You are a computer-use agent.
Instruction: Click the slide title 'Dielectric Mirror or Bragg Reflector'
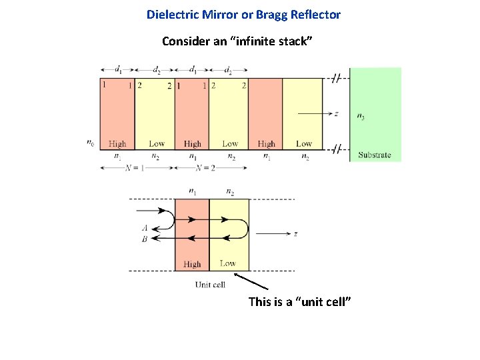pyautogui.click(x=243, y=14)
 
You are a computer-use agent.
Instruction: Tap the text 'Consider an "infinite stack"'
pyautogui.click(x=237, y=41)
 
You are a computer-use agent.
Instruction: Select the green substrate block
pyautogui.click(x=375, y=113)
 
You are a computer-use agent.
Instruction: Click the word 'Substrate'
pyautogui.click(x=375, y=155)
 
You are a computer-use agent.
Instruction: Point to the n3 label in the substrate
pyautogui.click(x=361, y=117)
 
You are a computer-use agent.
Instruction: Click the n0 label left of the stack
pyautogui.click(x=90, y=141)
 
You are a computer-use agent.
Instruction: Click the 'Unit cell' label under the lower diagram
pyautogui.click(x=210, y=285)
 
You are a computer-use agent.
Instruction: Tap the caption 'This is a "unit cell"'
pyautogui.click(x=299, y=302)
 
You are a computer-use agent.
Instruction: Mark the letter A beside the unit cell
pyautogui.click(x=145, y=227)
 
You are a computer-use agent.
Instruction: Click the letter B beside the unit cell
pyautogui.click(x=145, y=239)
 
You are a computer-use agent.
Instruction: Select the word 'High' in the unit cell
pyautogui.click(x=192, y=264)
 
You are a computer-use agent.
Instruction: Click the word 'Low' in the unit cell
pyautogui.click(x=228, y=263)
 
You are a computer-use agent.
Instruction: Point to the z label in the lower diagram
pyautogui.click(x=295, y=234)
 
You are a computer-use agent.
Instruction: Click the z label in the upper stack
pyautogui.click(x=336, y=114)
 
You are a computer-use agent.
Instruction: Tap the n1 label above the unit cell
pyautogui.click(x=193, y=192)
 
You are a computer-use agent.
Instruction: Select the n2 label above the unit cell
pyautogui.click(x=230, y=192)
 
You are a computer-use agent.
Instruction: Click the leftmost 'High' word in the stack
pyautogui.click(x=117, y=143)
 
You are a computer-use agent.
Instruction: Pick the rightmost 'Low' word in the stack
pyautogui.click(x=304, y=143)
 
